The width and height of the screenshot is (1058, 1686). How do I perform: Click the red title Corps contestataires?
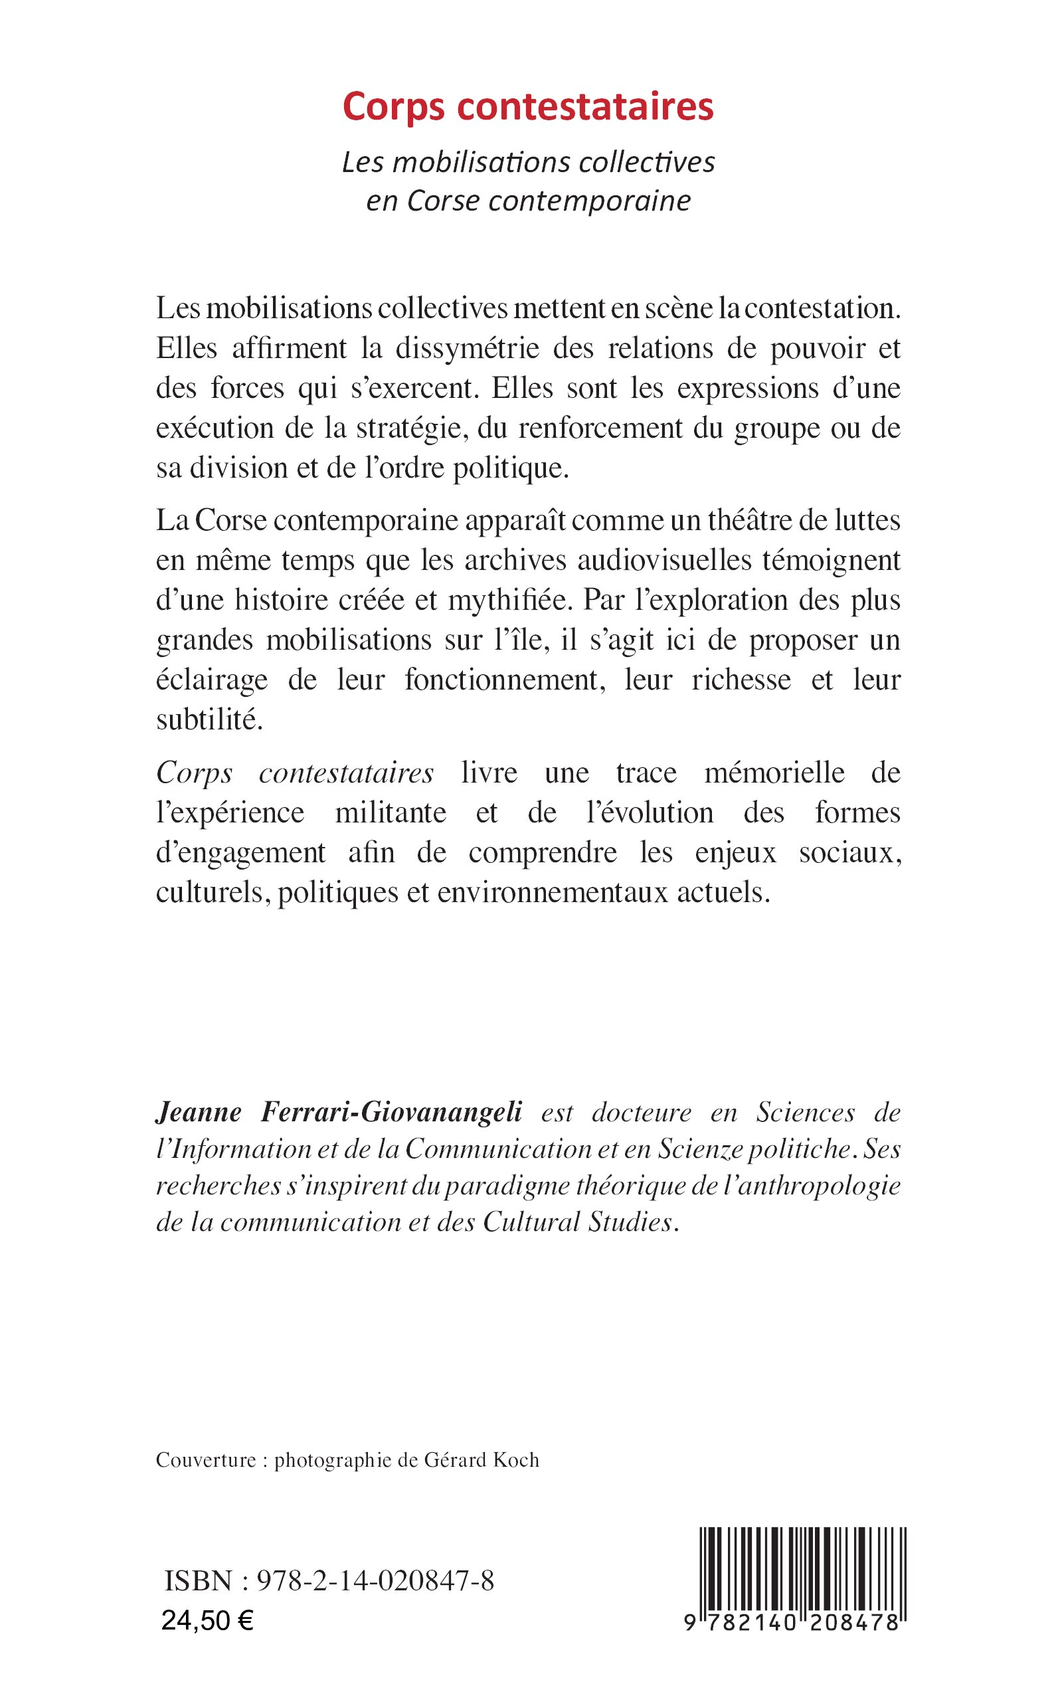click(x=528, y=107)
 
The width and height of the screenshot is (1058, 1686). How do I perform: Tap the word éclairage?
click(x=212, y=680)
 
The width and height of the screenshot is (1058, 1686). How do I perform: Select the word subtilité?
click(x=209, y=720)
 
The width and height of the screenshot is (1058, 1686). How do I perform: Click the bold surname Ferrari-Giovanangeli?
click(x=391, y=1112)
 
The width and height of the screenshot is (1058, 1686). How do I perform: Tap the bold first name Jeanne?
click(x=199, y=1112)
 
